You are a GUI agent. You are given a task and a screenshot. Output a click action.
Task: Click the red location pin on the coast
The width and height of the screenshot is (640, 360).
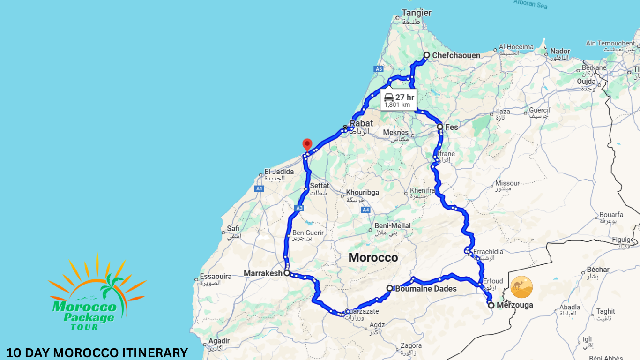pyautogui.click(x=307, y=144)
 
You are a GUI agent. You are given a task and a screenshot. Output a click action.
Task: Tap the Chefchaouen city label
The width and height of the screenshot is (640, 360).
pyautogui.click(x=456, y=55)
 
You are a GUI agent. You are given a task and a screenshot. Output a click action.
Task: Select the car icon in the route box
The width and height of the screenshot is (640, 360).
pyautogui.click(x=389, y=97)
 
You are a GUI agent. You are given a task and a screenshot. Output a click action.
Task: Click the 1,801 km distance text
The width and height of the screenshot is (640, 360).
pyautogui.click(x=397, y=105)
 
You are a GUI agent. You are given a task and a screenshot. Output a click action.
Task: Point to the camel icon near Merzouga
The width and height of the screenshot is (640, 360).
pyautogui.click(x=521, y=287)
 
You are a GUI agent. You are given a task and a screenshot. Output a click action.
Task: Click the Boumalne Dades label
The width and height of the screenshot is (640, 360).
pyautogui.click(x=425, y=289)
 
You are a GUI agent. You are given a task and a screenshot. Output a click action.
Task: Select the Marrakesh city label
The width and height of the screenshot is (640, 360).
pyautogui.click(x=263, y=273)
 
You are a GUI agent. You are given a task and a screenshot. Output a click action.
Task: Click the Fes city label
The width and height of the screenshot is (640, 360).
pyautogui.click(x=452, y=127)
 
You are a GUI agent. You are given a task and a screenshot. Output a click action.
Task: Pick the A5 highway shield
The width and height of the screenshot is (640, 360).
pyautogui.click(x=379, y=69)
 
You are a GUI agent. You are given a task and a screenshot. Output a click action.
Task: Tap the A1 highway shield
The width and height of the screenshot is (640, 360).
pyautogui.click(x=259, y=188)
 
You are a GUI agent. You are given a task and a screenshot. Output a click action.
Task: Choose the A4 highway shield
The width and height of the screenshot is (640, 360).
pyautogui.click(x=365, y=210)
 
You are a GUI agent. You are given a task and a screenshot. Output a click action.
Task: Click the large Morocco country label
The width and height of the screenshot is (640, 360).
pyautogui.click(x=373, y=257)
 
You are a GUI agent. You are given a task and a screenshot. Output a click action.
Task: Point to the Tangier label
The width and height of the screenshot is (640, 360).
pyautogui.click(x=417, y=13)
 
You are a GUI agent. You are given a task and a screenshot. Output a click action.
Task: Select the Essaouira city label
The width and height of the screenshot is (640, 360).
pyautogui.click(x=216, y=276)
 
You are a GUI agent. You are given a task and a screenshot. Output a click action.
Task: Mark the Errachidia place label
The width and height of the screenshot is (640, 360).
pyautogui.click(x=488, y=252)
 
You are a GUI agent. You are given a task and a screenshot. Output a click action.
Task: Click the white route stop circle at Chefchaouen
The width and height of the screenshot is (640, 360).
pyautogui.click(x=426, y=55)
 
